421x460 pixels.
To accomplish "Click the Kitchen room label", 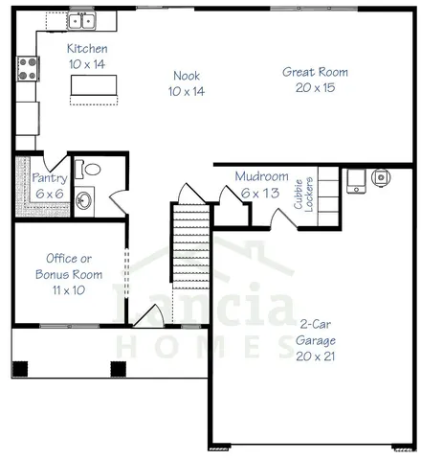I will [x=86, y=49].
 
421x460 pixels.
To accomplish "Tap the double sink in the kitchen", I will [x=79, y=20].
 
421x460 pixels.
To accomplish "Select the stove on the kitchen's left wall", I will [x=28, y=68].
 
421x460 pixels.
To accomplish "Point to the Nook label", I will [x=187, y=77].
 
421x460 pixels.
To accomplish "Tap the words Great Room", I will [x=315, y=72].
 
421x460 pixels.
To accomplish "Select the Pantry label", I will [x=48, y=178].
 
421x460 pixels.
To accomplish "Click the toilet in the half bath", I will [x=91, y=170].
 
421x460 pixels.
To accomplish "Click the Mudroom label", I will [x=262, y=177].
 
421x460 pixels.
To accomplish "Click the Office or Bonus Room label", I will [x=68, y=265].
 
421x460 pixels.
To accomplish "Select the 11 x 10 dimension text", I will [x=68, y=288].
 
